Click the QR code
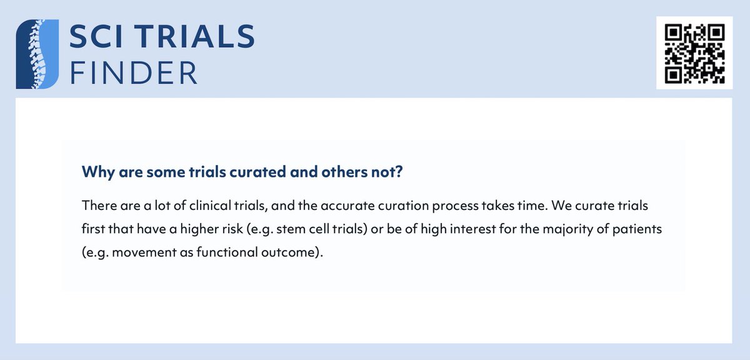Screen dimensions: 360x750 pyautogui.click(x=693, y=53)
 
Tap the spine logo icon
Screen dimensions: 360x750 pyautogui.click(x=37, y=53)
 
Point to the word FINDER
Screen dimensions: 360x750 pyautogui.click(x=134, y=72)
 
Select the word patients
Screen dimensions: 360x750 pyautogui.click(x=639, y=230)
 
